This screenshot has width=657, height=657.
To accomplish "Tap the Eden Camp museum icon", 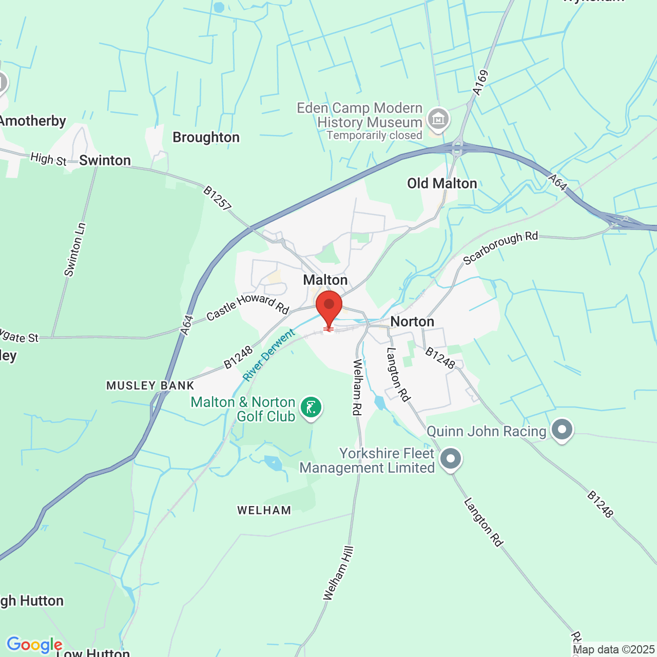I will (438, 119).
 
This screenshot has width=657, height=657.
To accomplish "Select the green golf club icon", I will (311, 408).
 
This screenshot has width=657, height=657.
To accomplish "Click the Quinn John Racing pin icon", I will (562, 430).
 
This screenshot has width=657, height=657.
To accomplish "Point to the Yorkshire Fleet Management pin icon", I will (451, 458).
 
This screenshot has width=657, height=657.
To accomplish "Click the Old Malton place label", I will (442, 183).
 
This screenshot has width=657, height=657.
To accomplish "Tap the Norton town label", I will (412, 321).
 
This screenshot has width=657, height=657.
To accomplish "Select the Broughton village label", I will (206, 138).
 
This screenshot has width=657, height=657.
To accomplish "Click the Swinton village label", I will (105, 161).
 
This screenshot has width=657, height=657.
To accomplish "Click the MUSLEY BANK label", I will (150, 385).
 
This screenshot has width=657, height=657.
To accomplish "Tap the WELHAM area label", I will (264, 510).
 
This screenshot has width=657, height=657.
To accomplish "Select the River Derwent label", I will (269, 355).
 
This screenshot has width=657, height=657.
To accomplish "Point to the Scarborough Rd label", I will (500, 248).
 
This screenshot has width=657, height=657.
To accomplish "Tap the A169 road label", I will (480, 83).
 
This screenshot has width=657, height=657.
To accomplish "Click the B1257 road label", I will (217, 198).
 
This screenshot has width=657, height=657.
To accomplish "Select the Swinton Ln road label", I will (75, 249).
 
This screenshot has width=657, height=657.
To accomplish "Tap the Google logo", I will (34, 645).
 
